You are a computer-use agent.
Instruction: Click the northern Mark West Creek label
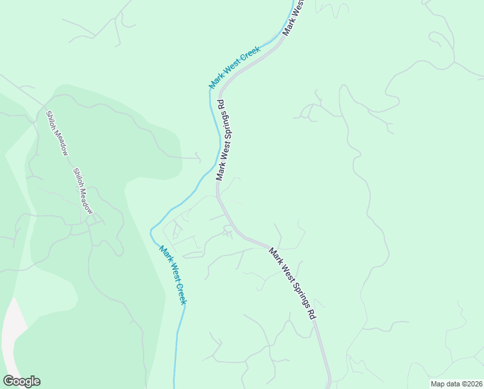point(234,67)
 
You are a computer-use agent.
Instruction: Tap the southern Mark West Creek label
point(173,275)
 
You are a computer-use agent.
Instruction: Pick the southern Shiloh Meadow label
point(83,191)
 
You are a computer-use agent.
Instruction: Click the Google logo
point(21,381)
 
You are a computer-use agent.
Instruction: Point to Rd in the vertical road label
point(221,104)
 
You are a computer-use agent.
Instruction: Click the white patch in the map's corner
point(12,337)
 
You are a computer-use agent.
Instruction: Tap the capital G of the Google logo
point(8,381)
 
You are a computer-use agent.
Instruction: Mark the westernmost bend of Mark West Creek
point(151,230)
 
